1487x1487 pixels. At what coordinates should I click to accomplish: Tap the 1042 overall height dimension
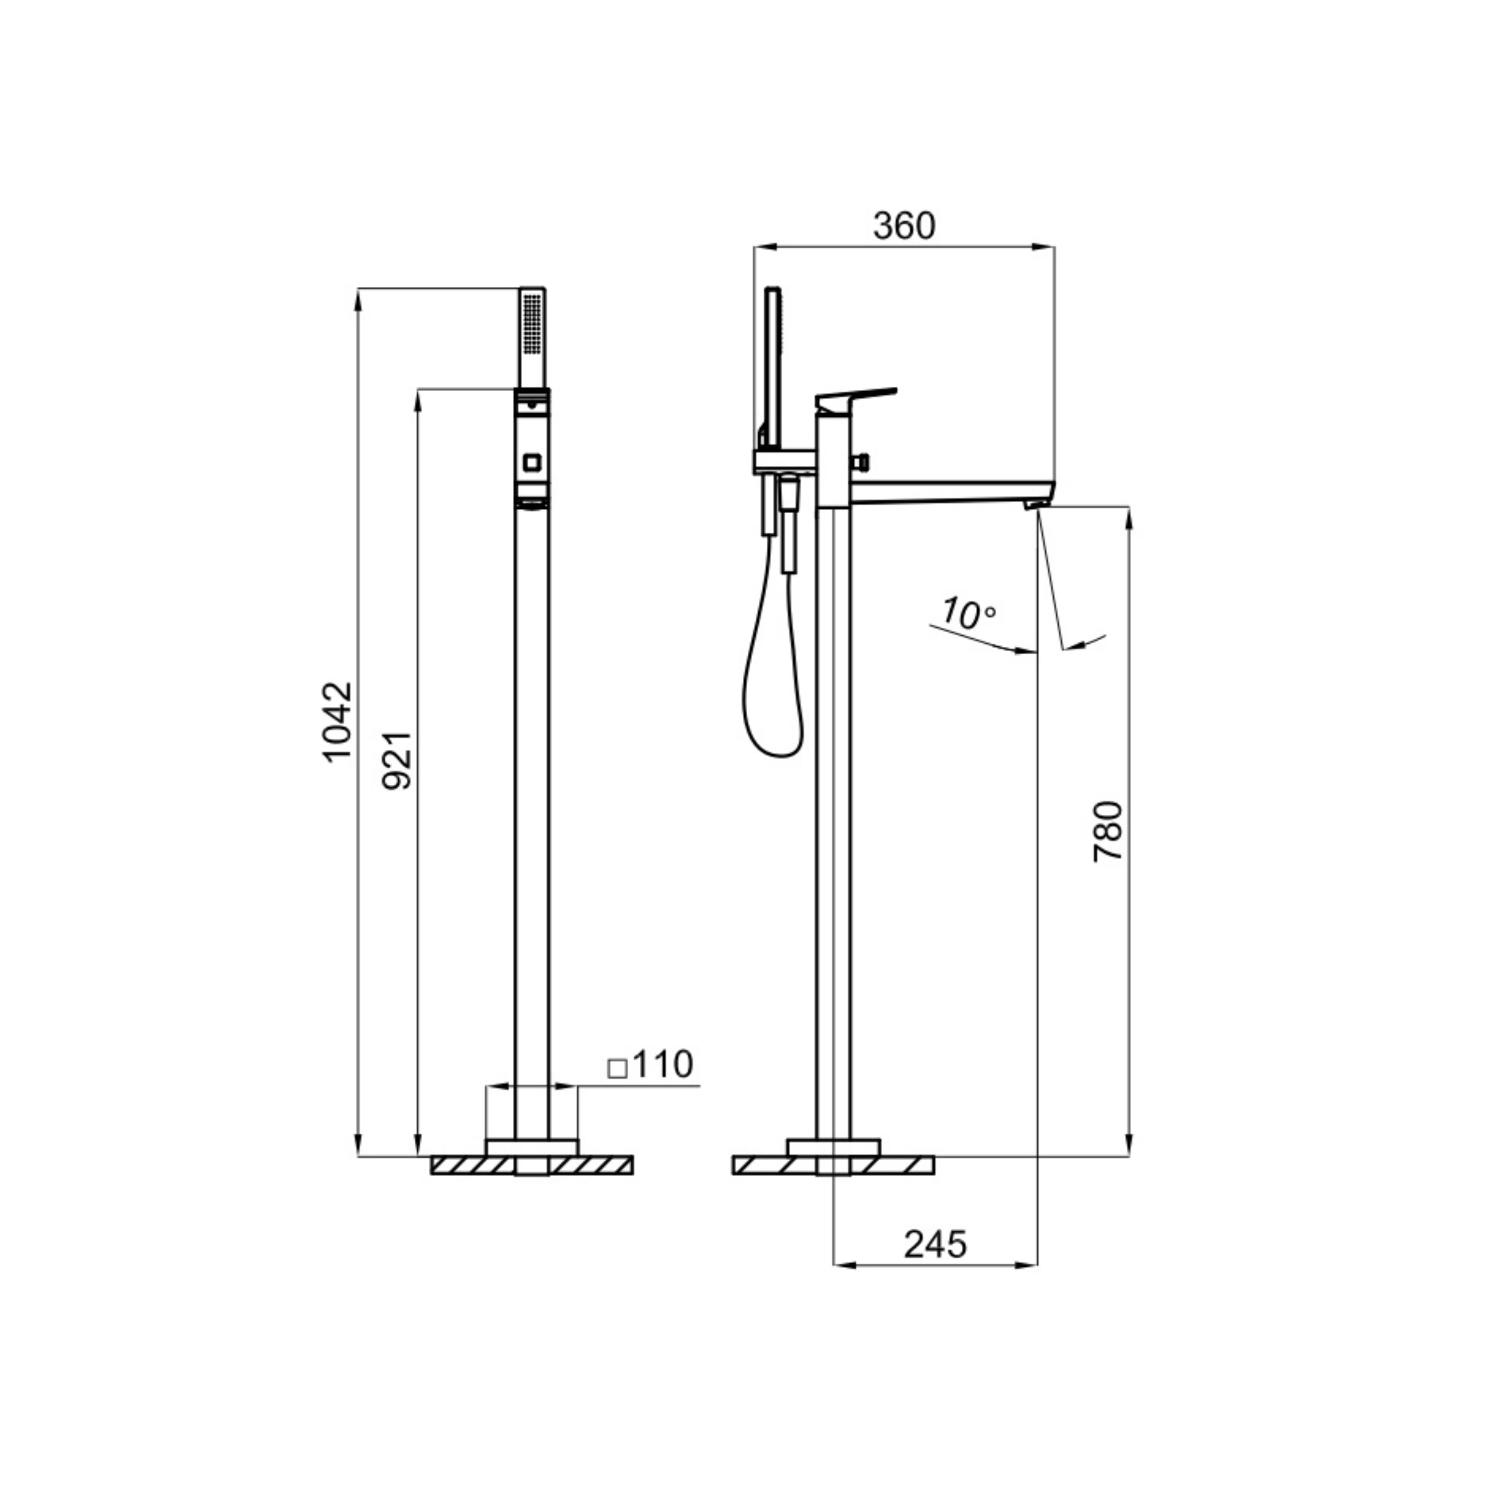pyautogui.click(x=336, y=722)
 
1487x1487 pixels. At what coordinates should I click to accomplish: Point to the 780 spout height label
pyautogui.click(x=1109, y=831)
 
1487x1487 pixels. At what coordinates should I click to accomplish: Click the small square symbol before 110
pyautogui.click(x=617, y=1068)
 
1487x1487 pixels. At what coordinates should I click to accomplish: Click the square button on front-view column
pyautogui.click(x=532, y=463)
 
